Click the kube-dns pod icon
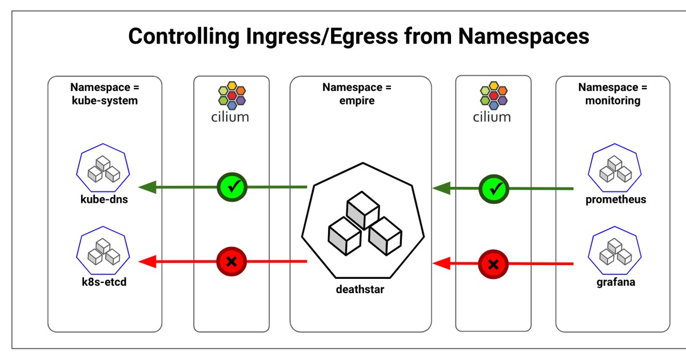[103, 168]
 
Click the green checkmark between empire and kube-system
[232, 186]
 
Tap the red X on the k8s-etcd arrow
[232, 262]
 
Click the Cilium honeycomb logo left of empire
[232, 95]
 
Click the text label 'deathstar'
[360, 289]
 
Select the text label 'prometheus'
[616, 200]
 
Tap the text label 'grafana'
[616, 282]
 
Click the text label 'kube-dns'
[103, 200]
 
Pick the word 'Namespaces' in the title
[524, 37]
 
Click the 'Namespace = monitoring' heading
[612, 94]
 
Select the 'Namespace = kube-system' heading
[105, 94]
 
